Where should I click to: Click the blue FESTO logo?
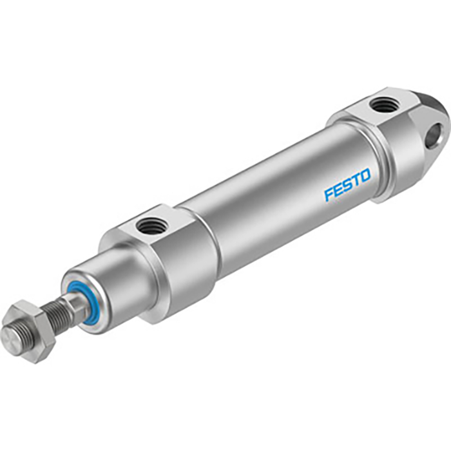pyautogui.click(x=347, y=185)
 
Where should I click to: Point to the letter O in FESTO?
pyautogui.click(x=365, y=176)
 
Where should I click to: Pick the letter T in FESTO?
pyautogui.click(x=356, y=180)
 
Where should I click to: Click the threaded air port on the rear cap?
pyautogui.click(x=385, y=106)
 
